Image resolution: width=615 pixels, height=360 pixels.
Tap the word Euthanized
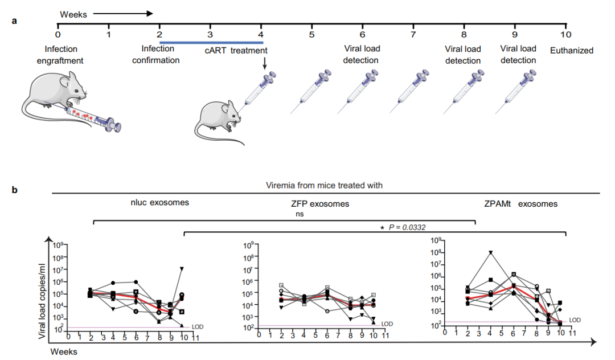click(x=571, y=51)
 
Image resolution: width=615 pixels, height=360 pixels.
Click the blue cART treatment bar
click(x=211, y=42)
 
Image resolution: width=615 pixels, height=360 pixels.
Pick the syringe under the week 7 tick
click(x=414, y=91)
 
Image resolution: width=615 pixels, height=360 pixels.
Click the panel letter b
click(x=15, y=189)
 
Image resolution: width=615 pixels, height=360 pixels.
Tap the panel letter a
click(x=15, y=21)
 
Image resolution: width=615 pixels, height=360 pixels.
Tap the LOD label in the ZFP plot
click(x=387, y=324)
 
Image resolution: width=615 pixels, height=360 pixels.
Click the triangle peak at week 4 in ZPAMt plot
click(x=490, y=252)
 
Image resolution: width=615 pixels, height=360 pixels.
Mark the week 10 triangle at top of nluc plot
click(x=182, y=268)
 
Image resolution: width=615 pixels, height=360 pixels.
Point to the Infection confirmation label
click(x=156, y=55)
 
